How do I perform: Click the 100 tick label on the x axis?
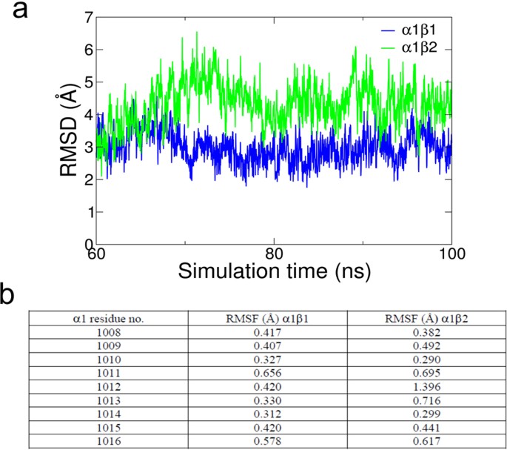[450, 253]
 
